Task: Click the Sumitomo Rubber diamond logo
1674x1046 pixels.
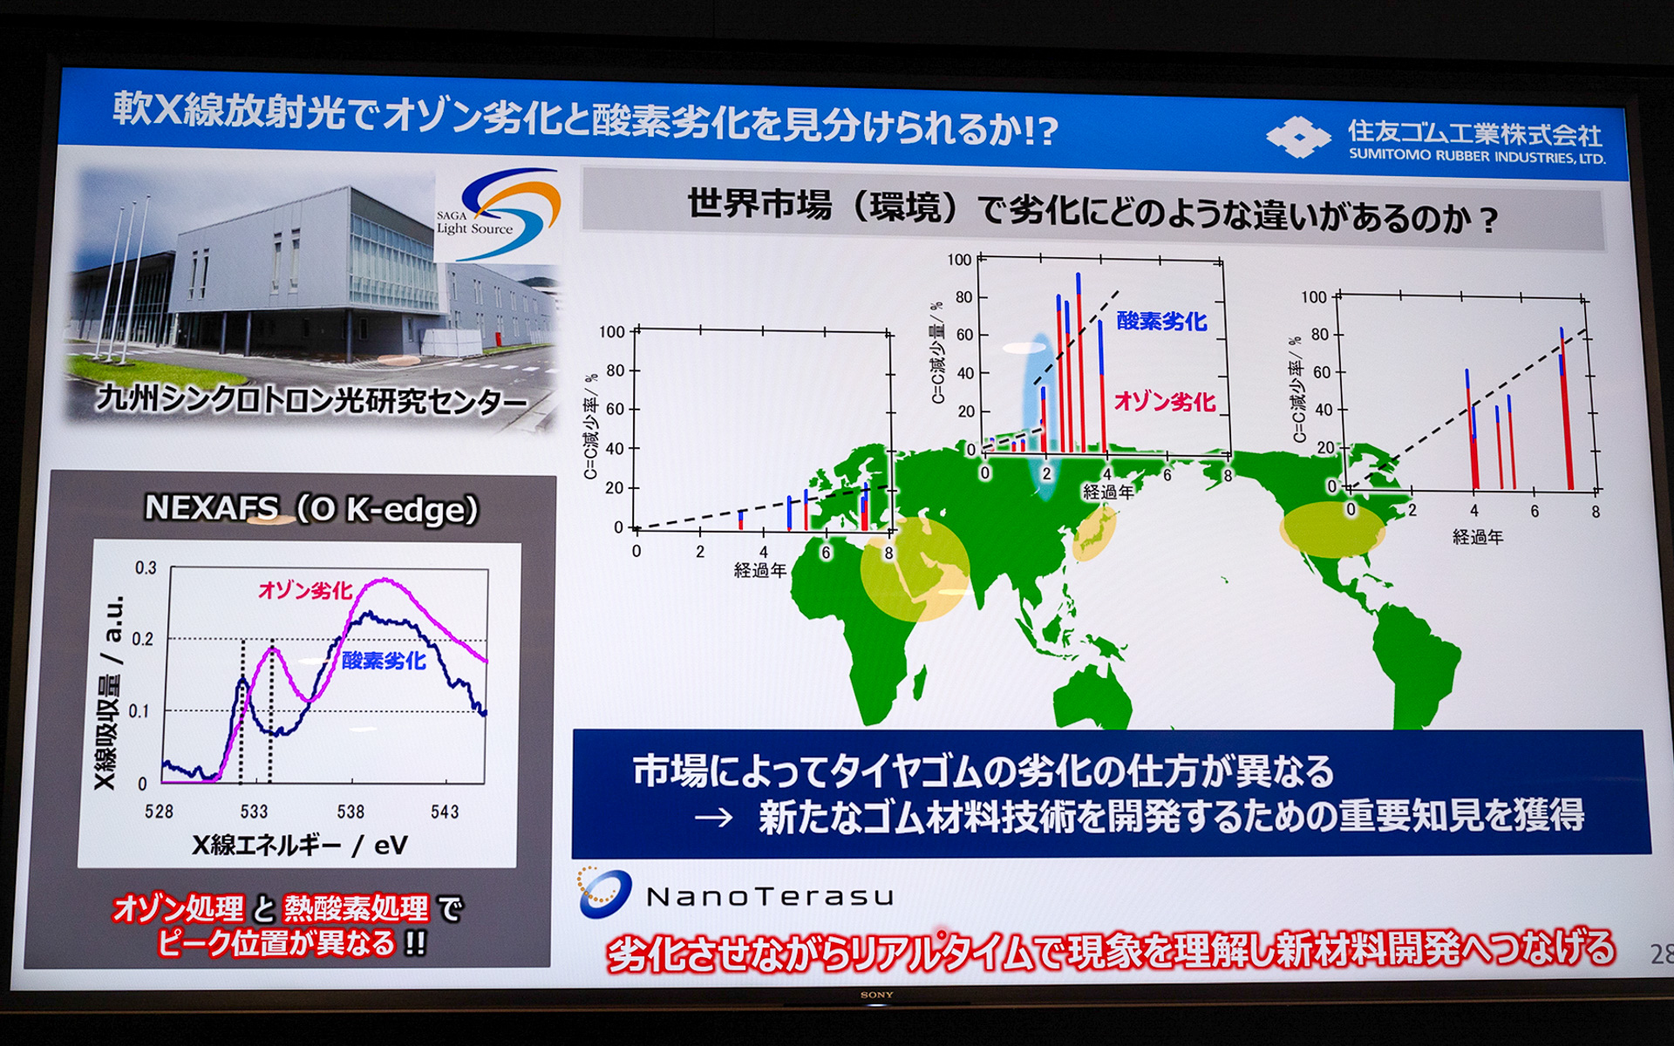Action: [1298, 137]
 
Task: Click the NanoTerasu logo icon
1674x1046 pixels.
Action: [604, 893]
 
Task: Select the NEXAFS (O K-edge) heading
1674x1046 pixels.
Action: [311, 508]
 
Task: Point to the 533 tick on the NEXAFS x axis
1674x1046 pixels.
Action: [254, 812]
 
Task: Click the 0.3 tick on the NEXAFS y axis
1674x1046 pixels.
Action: [146, 568]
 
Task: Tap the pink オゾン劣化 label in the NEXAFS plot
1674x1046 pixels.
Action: [305, 590]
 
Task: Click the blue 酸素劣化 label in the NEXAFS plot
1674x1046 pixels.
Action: [384, 660]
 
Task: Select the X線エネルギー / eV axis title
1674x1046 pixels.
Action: [299, 845]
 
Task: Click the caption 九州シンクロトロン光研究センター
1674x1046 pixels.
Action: [311, 400]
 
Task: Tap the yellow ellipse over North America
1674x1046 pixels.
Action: [1331, 529]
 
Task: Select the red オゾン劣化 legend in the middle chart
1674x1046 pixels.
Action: [1164, 402]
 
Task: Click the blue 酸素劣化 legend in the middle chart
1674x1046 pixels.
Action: [1161, 321]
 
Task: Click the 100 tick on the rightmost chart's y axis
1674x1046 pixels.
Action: [1313, 297]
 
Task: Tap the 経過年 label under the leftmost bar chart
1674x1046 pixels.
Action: [759, 570]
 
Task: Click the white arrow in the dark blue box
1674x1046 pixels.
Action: [712, 818]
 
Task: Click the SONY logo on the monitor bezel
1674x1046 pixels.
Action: [876, 995]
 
